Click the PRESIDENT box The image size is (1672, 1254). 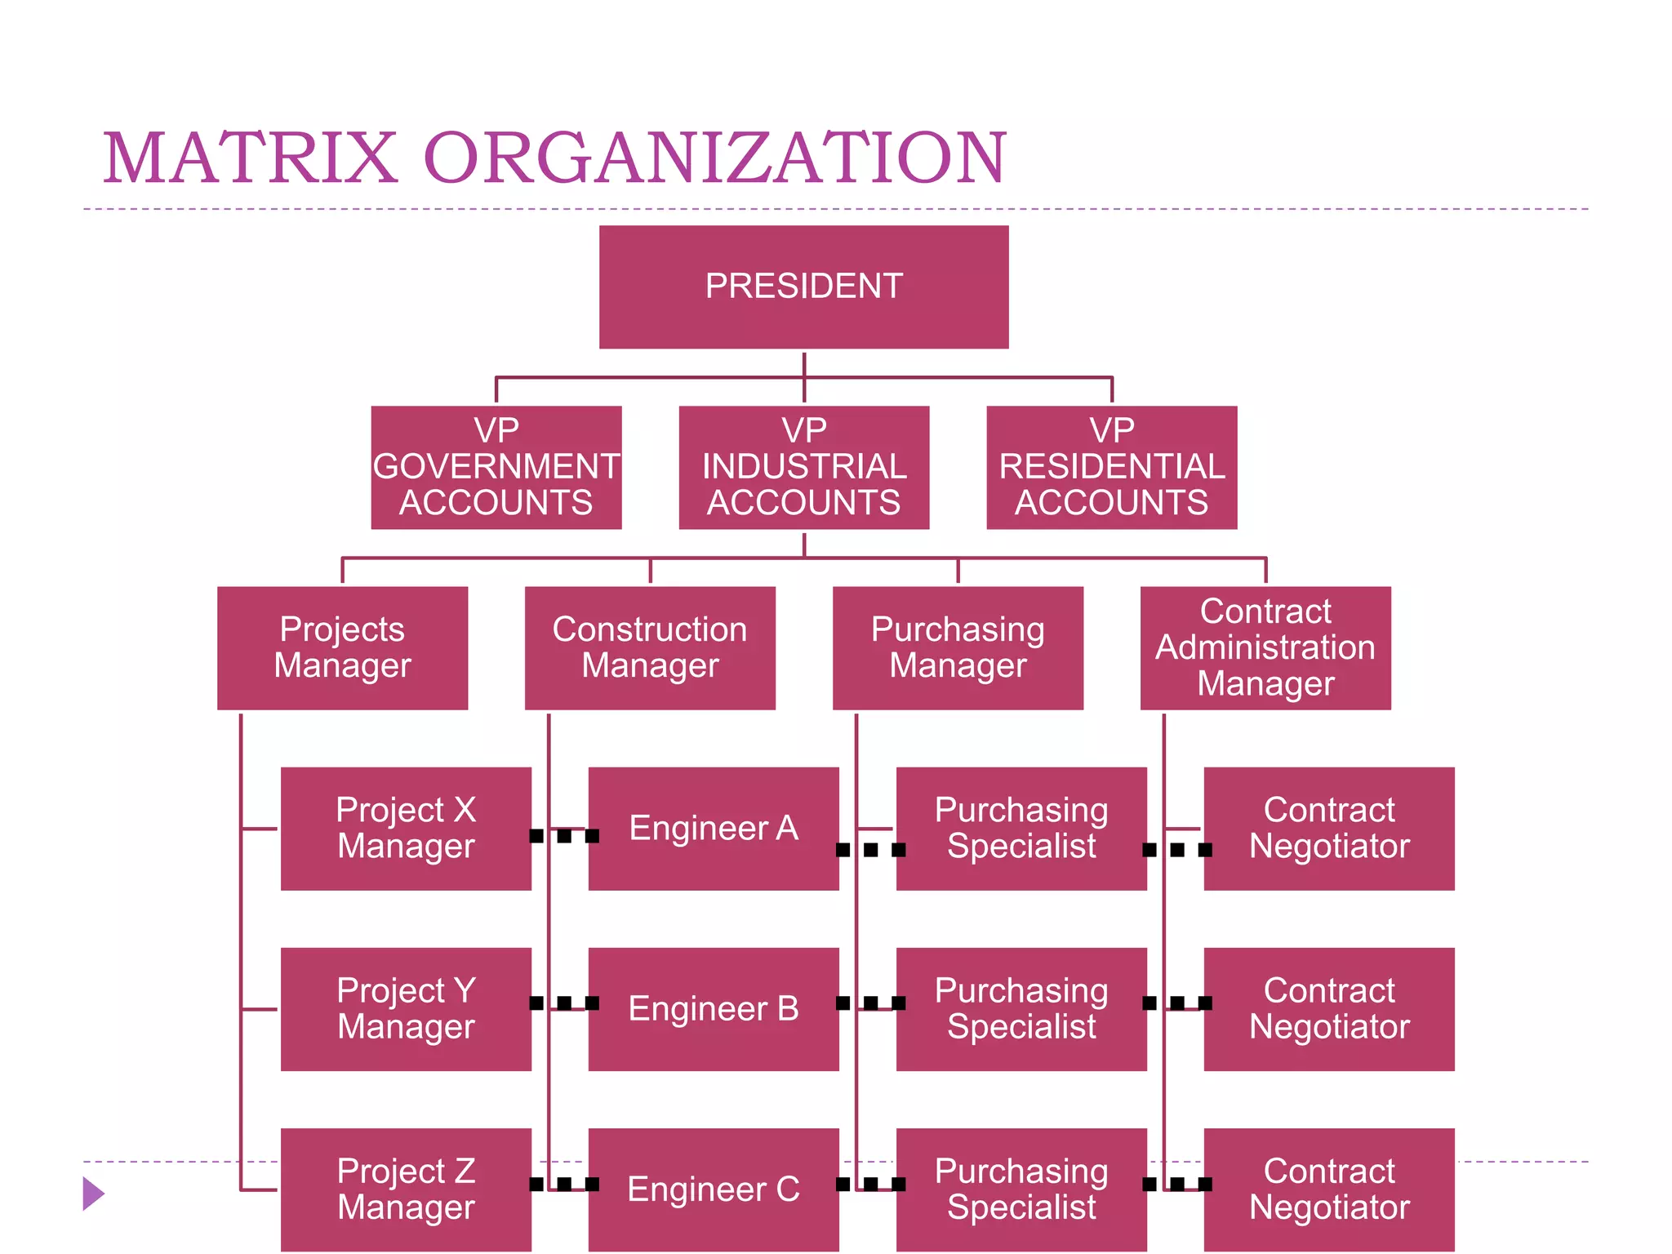pyautogui.click(x=803, y=287)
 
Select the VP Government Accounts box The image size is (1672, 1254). pyautogui.click(x=496, y=467)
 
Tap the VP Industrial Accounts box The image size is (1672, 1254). pyautogui.click(x=803, y=467)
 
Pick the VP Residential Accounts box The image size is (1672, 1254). pyautogui.click(x=1111, y=467)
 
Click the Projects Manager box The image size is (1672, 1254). pyautogui.click(x=342, y=647)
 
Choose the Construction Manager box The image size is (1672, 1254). pyautogui.click(x=650, y=647)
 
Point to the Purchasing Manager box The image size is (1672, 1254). pyautogui.click(x=958, y=647)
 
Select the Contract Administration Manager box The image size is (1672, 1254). pyautogui.click(x=1265, y=647)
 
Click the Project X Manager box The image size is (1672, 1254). pyautogui.click(x=406, y=828)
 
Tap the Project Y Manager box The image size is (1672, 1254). pyautogui.click(x=406, y=1008)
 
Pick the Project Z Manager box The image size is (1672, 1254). pyautogui.click(x=406, y=1189)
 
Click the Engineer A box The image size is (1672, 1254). pyautogui.click(x=714, y=828)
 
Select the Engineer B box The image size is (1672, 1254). pyautogui.click(x=714, y=1008)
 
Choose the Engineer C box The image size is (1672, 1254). pyautogui.click(x=714, y=1189)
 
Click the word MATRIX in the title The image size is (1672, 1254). pyautogui.click(x=250, y=158)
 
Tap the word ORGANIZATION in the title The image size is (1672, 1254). pyautogui.click(x=715, y=158)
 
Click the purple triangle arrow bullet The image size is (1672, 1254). pyautogui.click(x=93, y=1194)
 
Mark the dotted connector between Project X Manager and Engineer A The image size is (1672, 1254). pyautogui.click(x=563, y=836)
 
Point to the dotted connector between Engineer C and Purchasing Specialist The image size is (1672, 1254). pyautogui.click(x=870, y=1184)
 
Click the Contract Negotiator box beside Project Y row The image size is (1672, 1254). pyautogui.click(x=1329, y=1008)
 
